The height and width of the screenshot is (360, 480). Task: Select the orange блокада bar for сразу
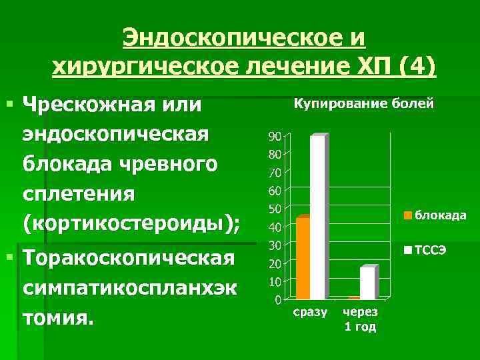[303, 258]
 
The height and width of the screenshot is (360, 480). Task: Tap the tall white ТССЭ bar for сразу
[317, 217]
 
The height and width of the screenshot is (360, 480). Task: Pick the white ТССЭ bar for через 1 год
[367, 283]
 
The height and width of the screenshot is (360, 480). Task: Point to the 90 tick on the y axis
[274, 136]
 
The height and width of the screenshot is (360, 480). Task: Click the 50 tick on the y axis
[274, 209]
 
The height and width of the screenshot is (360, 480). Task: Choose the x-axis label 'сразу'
[310, 312]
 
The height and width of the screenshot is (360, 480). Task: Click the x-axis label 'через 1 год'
[360, 319]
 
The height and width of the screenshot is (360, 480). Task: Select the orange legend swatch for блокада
[408, 215]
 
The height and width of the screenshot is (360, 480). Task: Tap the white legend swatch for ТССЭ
[408, 251]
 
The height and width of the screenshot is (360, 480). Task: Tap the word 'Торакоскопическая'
[128, 258]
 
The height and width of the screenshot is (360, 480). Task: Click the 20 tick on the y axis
[274, 264]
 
